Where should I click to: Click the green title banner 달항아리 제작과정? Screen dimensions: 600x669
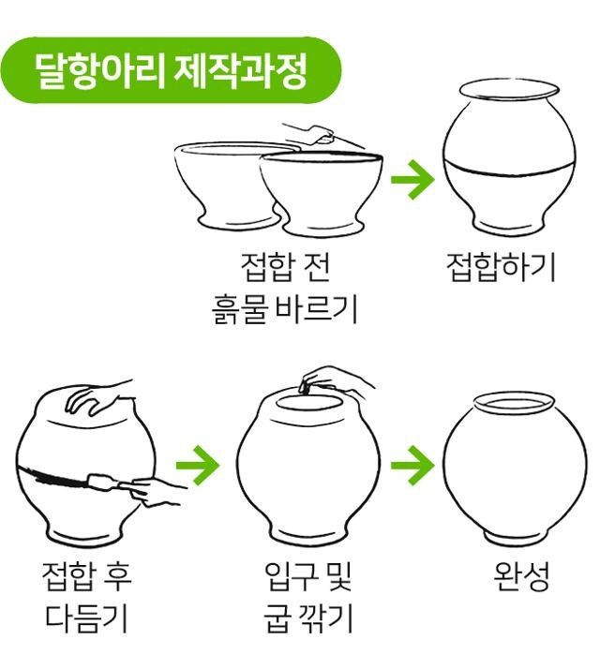[171, 71]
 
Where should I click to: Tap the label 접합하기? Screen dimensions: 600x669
[501, 268]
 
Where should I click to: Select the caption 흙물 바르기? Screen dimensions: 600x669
[284, 308]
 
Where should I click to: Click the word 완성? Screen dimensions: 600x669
[520, 576]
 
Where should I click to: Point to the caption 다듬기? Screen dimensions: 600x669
[86, 617]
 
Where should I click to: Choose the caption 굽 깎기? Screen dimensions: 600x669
[307, 617]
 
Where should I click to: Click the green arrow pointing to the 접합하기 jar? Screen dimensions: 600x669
[412, 179]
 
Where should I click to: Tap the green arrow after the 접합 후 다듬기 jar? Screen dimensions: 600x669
[198, 465]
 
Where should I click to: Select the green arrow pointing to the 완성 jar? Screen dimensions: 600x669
[412, 465]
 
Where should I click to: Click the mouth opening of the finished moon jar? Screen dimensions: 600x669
[514, 404]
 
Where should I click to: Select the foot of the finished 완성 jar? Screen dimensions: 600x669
[515, 539]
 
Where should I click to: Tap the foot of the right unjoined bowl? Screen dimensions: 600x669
[322, 225]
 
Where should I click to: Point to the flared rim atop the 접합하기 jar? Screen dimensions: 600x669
[509, 91]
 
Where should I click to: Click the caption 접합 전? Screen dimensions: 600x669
[285, 268]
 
